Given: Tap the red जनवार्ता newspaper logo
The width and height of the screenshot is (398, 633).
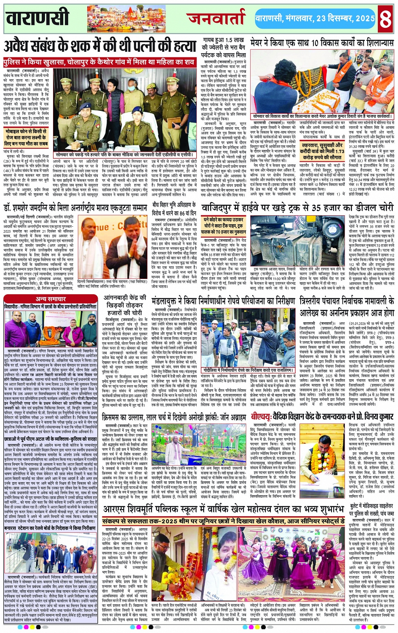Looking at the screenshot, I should pos(216,18).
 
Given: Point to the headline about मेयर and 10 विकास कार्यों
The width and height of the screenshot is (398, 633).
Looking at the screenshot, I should pos(322,43).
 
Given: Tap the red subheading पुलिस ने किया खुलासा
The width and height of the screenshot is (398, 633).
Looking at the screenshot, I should pos(99,62).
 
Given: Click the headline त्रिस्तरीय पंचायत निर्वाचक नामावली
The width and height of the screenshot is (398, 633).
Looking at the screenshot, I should pos(347,307).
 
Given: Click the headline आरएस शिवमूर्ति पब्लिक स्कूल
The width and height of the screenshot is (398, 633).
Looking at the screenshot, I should pos(224,509).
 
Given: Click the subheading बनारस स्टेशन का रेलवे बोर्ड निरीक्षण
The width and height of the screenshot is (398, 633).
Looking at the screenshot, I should pos(51,528).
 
